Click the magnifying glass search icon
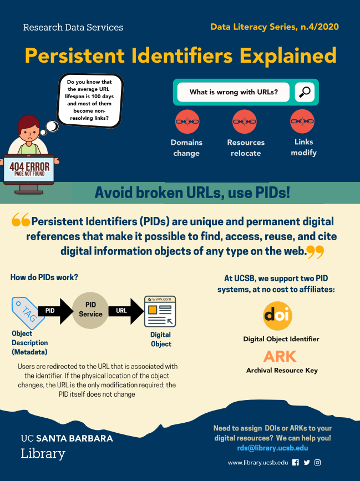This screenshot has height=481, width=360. point(305,92)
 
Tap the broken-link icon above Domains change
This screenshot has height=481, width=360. point(187,121)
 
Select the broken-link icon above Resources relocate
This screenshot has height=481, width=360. point(244,121)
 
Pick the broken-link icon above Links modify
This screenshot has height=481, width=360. point(302,121)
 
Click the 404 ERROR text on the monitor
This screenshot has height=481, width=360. point(29,166)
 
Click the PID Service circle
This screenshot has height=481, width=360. point(90,310)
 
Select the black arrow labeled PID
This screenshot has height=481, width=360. point(54,311)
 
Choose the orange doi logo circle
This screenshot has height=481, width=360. point(277,315)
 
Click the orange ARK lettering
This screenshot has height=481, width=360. point(280,356)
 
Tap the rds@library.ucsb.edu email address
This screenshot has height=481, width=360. point(272,448)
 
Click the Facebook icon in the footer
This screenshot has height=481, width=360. point(295,462)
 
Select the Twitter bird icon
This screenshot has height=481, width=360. point(307,462)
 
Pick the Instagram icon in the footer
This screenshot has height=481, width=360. point(318,462)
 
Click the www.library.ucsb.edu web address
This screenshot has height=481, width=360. point(258,462)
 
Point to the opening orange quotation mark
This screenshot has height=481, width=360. point(21,221)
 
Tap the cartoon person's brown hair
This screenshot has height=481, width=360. point(28,123)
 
